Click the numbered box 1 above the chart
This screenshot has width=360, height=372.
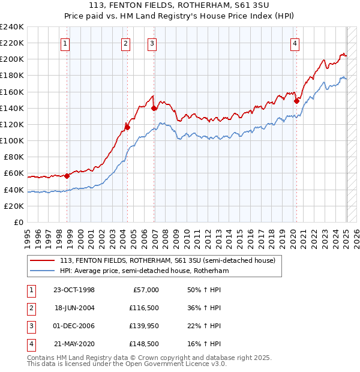65,43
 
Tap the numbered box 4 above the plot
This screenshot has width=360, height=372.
295,43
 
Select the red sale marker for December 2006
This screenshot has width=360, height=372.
154,109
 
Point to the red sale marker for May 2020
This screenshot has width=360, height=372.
296,101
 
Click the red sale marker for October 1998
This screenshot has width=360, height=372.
67,176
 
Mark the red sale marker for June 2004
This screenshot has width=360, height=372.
127,127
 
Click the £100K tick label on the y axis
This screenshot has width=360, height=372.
12,140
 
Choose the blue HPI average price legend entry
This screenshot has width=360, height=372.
145,271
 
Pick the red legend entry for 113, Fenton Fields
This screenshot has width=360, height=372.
167,261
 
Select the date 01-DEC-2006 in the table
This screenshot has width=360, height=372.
74,326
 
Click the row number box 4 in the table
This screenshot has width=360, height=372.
29,344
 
